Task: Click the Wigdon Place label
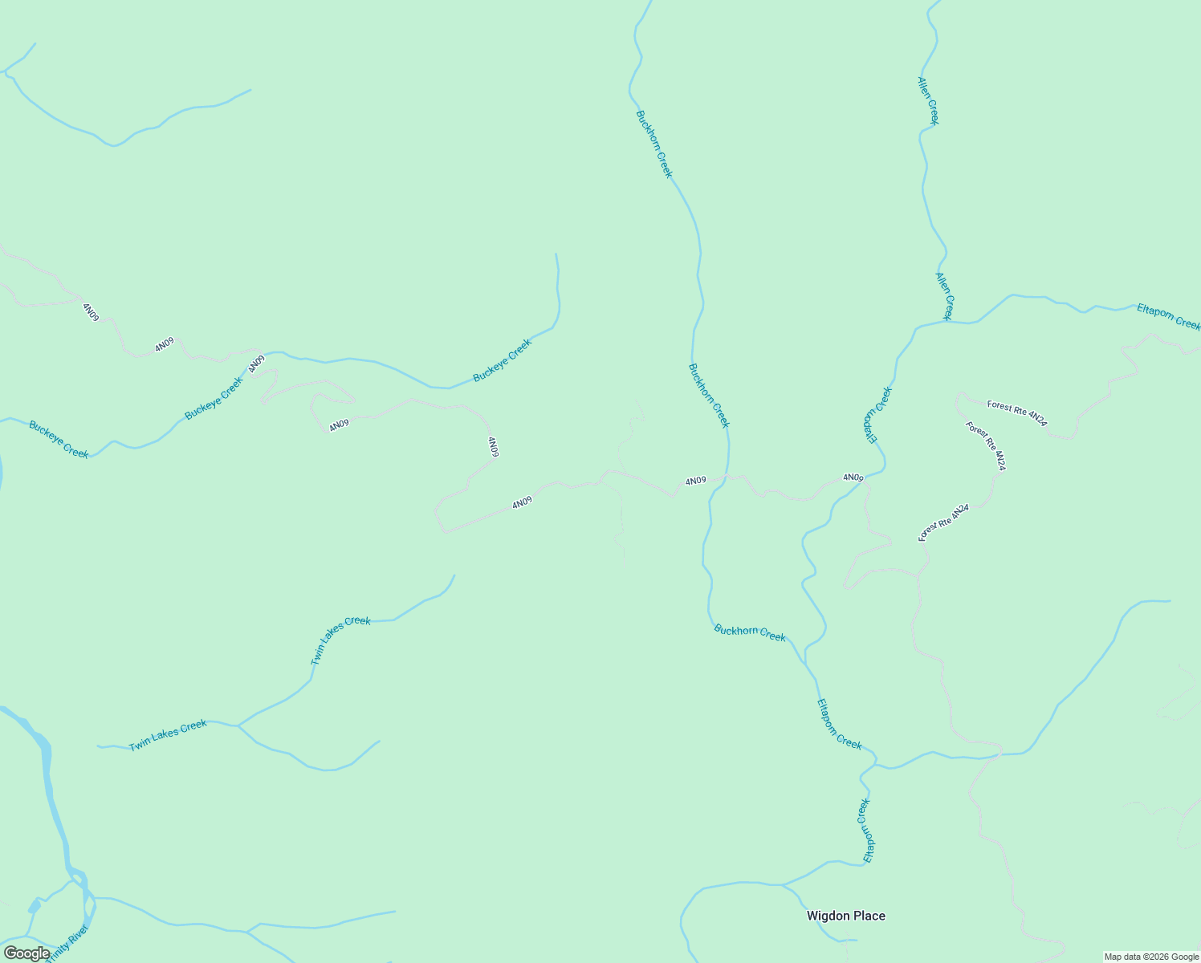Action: [x=845, y=916]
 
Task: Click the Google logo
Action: [x=26, y=953]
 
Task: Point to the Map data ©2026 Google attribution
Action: [x=1150, y=957]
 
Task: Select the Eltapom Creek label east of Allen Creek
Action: [x=1168, y=317]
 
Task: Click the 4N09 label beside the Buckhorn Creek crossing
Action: [x=695, y=481]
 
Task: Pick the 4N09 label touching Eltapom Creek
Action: [x=853, y=477]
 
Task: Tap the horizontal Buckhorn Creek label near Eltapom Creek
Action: [x=750, y=632]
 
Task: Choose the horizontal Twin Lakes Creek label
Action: [x=168, y=735]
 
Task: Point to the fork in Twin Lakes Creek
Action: [x=238, y=725]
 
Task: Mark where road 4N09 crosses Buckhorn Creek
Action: [x=727, y=476]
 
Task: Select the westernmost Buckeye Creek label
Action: [x=59, y=440]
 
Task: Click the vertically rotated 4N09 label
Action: [x=493, y=447]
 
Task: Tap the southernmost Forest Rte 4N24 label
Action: [x=944, y=522]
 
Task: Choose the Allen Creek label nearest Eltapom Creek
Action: [x=944, y=295]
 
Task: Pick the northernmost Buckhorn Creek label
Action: [x=653, y=144]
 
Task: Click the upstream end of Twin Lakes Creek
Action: [x=454, y=575]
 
